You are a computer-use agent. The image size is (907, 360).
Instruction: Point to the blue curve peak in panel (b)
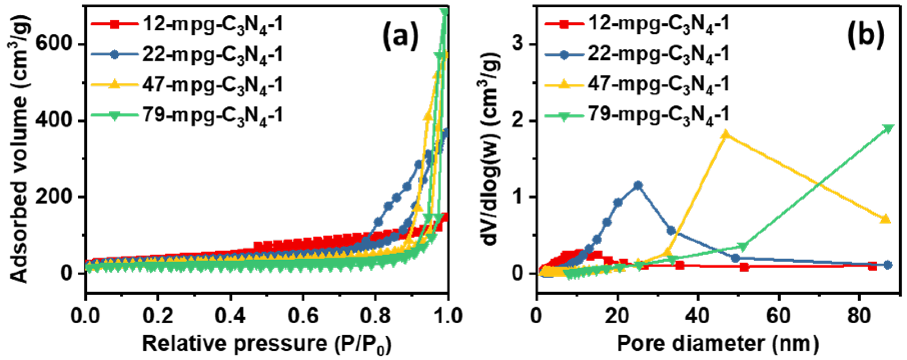(x=638, y=185)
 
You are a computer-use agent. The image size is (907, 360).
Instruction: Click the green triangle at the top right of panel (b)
(x=888, y=128)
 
